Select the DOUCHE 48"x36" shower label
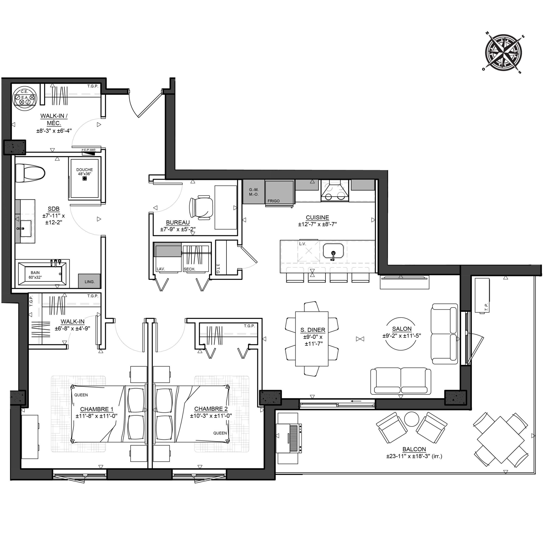pos(84,172)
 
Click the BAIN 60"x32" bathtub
pos(42,274)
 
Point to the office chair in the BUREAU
pos(201,207)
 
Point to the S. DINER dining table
pos(312,339)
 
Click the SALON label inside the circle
pos(402,329)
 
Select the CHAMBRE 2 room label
pos(211,409)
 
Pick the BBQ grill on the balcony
pos(289,438)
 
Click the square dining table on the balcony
pos(501,440)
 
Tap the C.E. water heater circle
pos(25,97)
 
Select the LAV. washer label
pos(161,269)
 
